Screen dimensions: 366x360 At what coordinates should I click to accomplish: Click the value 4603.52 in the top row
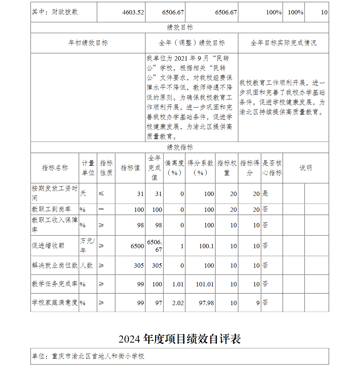[133, 12]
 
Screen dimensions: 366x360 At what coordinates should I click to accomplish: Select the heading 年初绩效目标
[88, 43]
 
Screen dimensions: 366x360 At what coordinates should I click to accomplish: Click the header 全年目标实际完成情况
[283, 43]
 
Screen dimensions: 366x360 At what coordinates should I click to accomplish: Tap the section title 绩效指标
[180, 147]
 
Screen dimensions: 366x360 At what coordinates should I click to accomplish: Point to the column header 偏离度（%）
[174, 168]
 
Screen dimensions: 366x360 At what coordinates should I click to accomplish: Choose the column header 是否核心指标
[272, 168]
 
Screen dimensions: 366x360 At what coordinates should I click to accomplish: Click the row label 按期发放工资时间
[54, 193]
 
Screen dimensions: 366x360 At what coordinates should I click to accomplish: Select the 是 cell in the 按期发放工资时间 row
[265, 193]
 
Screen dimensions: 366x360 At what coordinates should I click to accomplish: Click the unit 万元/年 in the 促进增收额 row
[87, 245]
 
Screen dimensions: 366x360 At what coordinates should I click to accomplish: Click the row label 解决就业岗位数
[54, 265]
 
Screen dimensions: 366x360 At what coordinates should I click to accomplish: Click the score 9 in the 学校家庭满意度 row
[258, 303]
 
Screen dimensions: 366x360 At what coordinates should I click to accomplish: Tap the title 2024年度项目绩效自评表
[180, 339]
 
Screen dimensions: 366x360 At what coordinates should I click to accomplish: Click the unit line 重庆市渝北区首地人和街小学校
[88, 356]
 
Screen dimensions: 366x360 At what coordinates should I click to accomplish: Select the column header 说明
[306, 168]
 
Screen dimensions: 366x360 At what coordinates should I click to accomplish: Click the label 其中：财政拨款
[55, 12]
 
